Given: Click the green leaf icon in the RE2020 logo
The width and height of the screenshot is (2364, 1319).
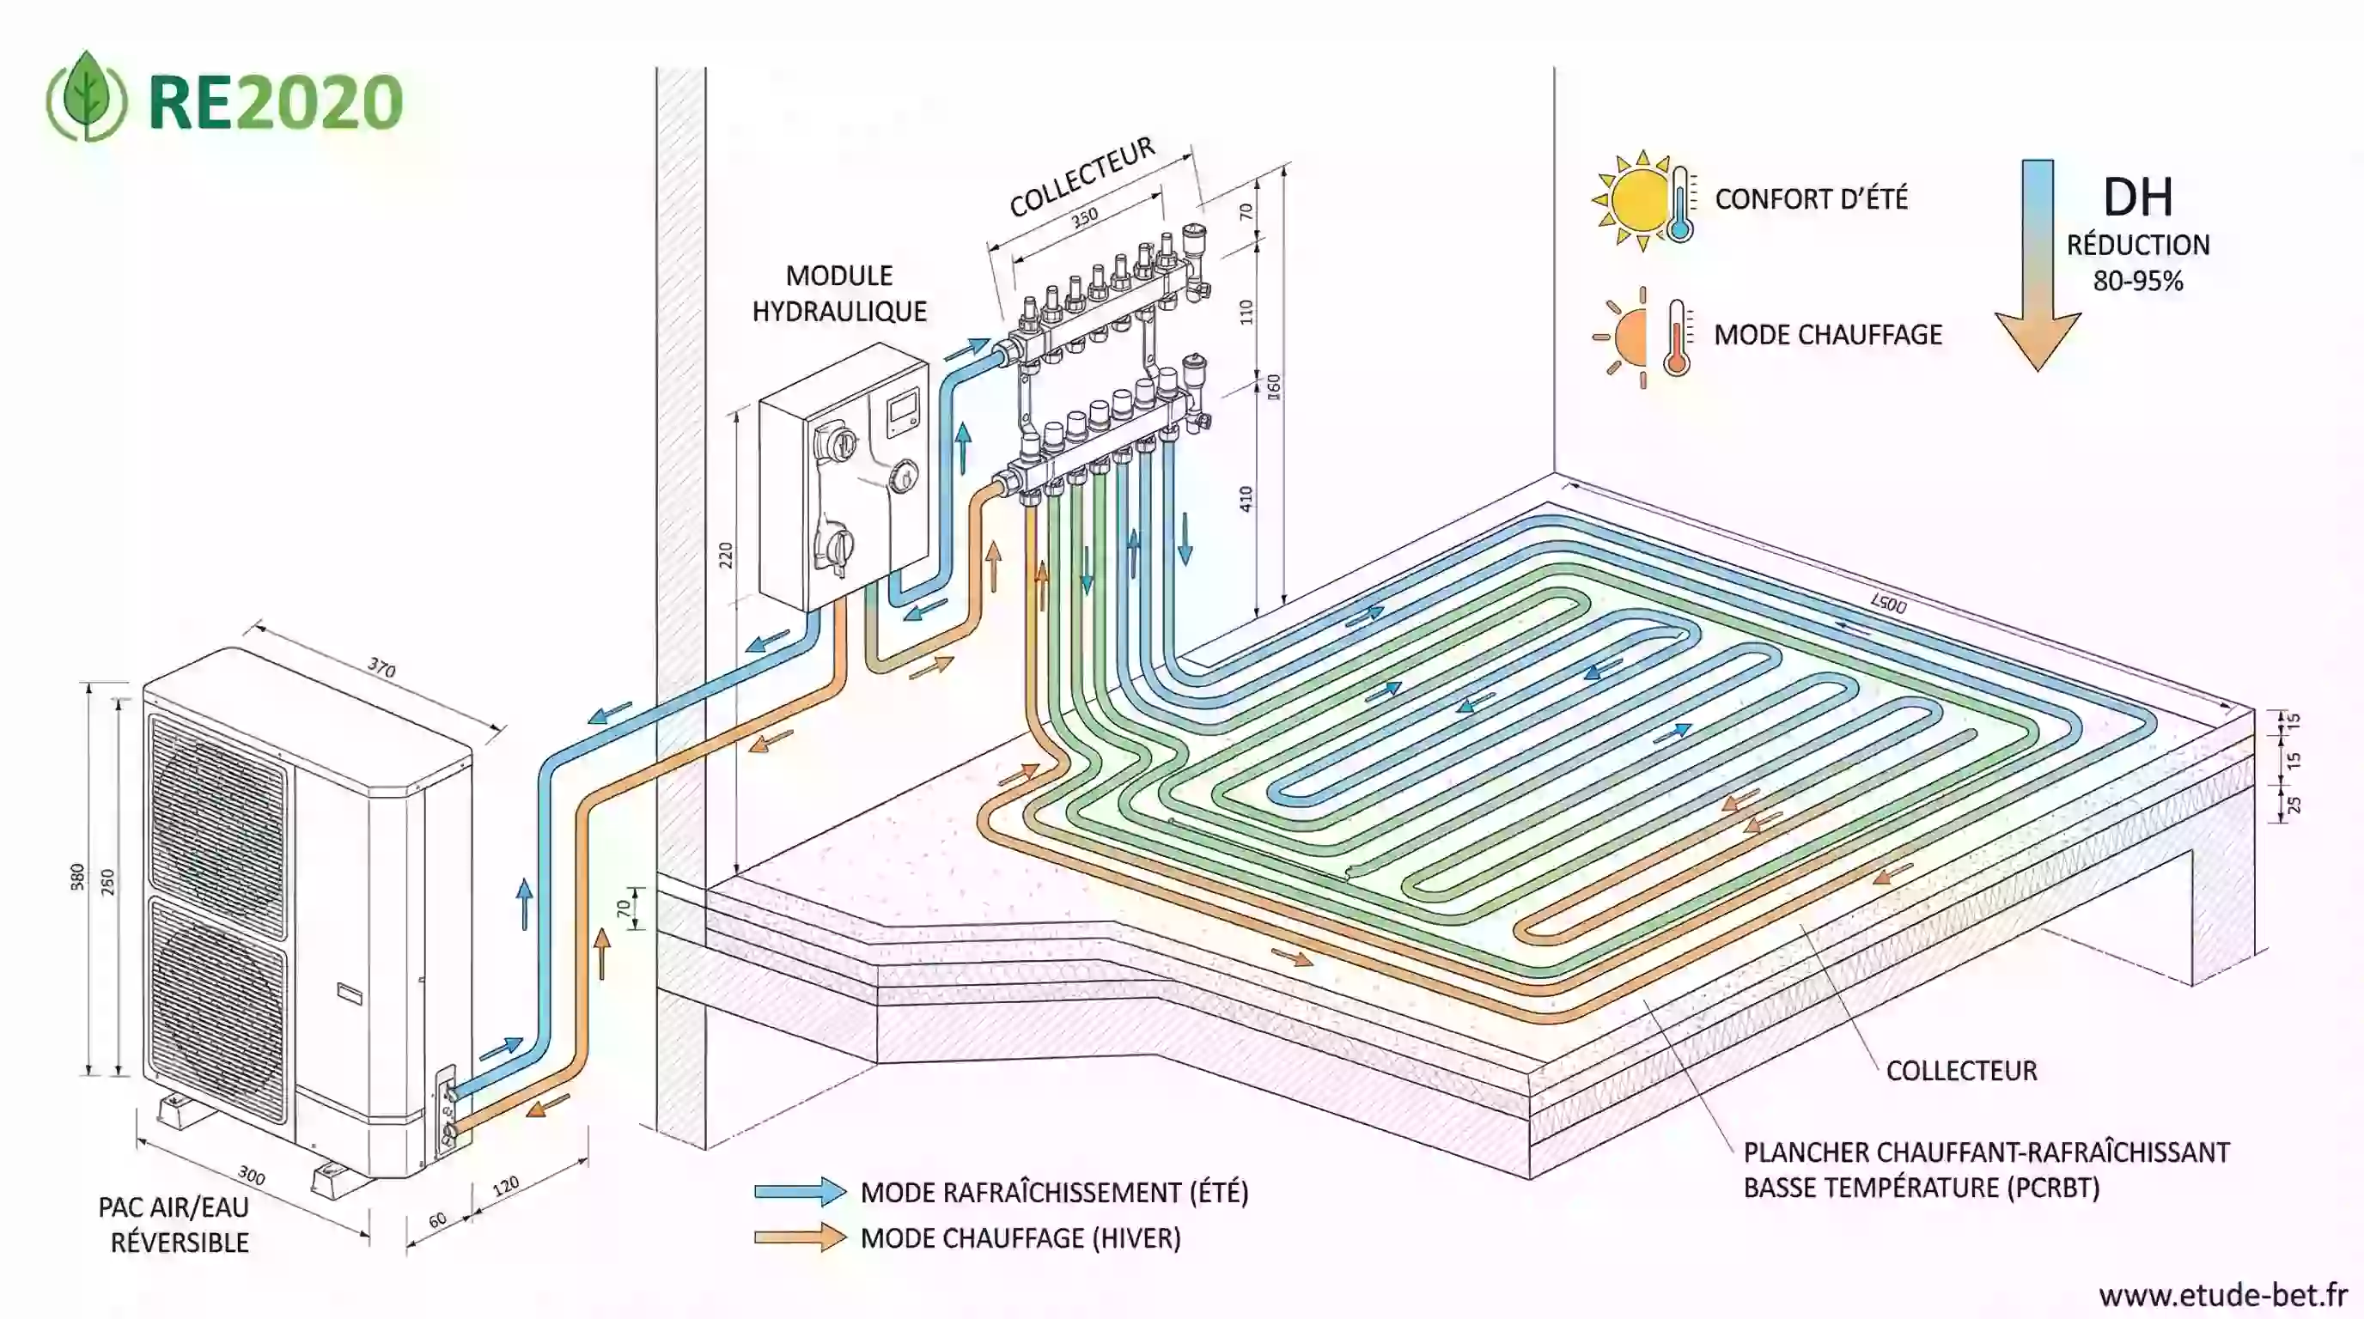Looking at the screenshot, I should (x=87, y=96).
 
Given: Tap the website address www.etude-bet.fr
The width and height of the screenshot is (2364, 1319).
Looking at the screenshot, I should (x=2221, y=1294).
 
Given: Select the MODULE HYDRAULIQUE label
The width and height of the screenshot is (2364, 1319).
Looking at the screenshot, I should (x=838, y=294).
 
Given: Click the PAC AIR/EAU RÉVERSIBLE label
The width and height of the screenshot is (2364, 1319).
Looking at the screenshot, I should (x=175, y=1225).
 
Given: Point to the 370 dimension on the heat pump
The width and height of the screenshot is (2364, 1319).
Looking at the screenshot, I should (x=381, y=668).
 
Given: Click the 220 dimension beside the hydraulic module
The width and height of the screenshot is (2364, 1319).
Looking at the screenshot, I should (x=725, y=555).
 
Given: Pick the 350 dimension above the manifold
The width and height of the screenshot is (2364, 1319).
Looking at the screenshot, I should (x=1085, y=217).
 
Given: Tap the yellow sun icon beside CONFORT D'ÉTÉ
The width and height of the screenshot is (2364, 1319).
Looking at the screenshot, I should (x=1638, y=199).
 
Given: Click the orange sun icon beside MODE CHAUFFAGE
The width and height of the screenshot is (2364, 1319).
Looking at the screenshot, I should (x=1630, y=337).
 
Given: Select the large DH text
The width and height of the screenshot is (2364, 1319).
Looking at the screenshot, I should (x=2137, y=198).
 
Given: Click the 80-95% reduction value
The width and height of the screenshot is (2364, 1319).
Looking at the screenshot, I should (x=2137, y=281).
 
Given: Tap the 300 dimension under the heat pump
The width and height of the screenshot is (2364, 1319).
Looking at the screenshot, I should (x=252, y=1175).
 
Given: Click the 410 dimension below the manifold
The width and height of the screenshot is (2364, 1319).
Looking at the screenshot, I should (x=1246, y=499).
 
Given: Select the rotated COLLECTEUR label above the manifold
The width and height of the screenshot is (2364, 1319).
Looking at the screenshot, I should (x=1082, y=178).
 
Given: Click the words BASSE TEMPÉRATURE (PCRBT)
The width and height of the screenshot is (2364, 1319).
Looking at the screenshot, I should (x=1921, y=1188).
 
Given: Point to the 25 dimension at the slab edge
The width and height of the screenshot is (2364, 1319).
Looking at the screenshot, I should (x=2294, y=805).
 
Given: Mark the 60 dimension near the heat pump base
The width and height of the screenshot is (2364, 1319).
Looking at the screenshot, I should (x=438, y=1220).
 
